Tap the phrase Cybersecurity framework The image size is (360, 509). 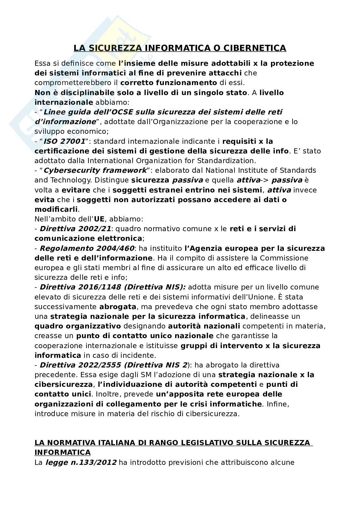click(95, 170)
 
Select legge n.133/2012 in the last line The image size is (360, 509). click(81, 463)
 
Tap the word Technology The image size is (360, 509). click(71, 180)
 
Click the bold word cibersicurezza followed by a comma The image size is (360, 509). click(63, 384)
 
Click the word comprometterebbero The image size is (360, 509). click(74, 83)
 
